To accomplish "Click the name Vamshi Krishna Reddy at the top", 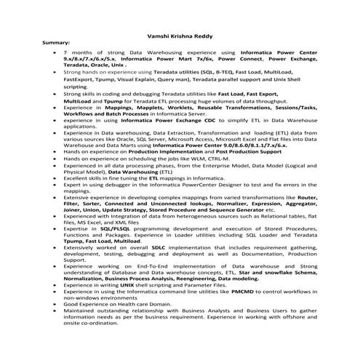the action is point(179,35).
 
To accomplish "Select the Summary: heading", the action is point(57,43).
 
